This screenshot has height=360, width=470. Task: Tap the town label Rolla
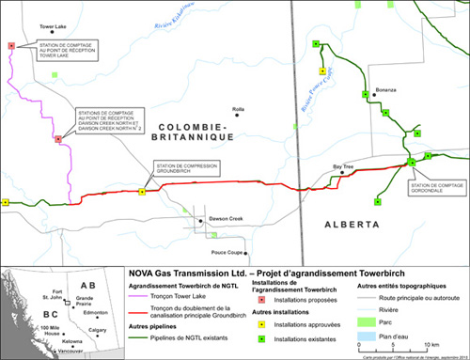[x=238, y=109]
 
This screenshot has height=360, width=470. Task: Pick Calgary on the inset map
[x=97, y=329]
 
